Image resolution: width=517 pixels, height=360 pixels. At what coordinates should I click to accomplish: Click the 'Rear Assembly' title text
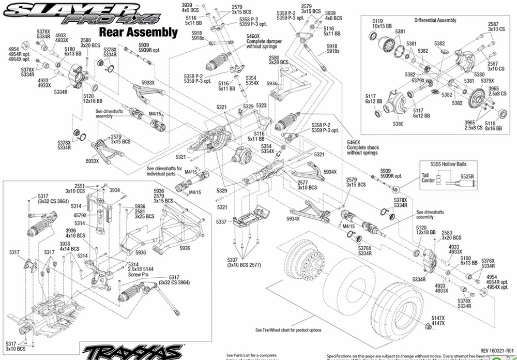pos(138,32)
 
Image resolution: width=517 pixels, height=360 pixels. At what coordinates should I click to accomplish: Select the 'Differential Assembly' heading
pos(435,21)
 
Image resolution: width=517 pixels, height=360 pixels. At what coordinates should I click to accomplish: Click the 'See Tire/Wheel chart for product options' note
pos(288,330)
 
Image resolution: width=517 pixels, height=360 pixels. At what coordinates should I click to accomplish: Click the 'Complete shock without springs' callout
pos(363,150)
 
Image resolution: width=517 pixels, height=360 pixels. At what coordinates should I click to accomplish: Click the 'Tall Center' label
pos(429,178)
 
